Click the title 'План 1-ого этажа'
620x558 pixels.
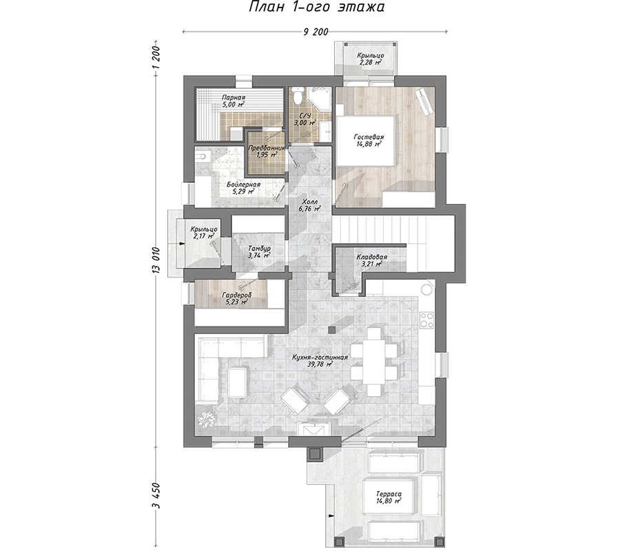[316, 7]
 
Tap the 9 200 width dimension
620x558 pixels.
[316, 32]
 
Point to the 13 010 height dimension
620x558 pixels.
[156, 260]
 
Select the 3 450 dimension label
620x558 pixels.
[156, 495]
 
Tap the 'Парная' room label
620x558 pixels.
[234, 98]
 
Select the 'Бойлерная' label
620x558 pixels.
[244, 185]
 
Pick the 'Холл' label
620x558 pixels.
[309, 202]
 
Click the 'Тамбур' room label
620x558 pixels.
[260, 249]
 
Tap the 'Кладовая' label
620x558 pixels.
[372, 257]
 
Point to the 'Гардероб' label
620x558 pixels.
[236, 295]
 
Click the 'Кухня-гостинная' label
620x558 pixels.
[320, 358]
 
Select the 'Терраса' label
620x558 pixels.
[389, 494]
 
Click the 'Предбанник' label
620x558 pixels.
[267, 148]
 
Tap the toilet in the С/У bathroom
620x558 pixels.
[298, 96]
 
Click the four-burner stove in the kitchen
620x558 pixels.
[426, 320]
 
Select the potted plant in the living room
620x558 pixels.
[206, 420]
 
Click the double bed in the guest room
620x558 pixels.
[365, 141]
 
